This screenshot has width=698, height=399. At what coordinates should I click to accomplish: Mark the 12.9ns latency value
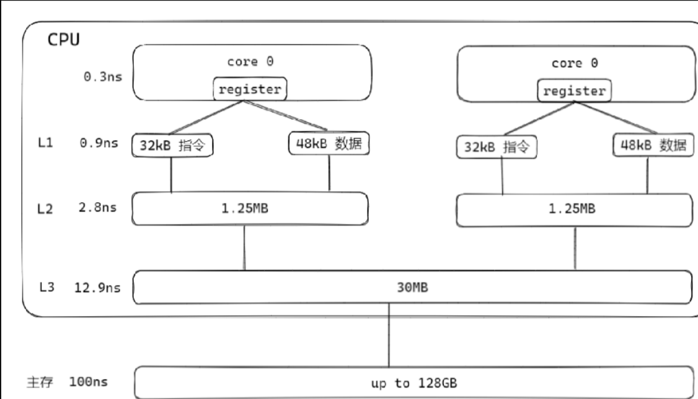click(97, 287)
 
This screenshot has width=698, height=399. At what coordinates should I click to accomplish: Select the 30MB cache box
click(412, 287)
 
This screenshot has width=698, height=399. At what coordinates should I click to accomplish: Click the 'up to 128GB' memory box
click(413, 382)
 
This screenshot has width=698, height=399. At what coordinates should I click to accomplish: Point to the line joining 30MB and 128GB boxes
click(389, 335)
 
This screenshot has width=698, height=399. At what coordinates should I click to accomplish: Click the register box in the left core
click(248, 89)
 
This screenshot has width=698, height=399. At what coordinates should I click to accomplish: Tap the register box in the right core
click(574, 91)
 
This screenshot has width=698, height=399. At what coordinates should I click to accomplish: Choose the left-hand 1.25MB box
click(250, 208)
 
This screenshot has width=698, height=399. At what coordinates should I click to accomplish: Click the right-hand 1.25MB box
click(573, 208)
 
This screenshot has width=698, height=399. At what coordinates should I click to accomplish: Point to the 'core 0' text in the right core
click(575, 63)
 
